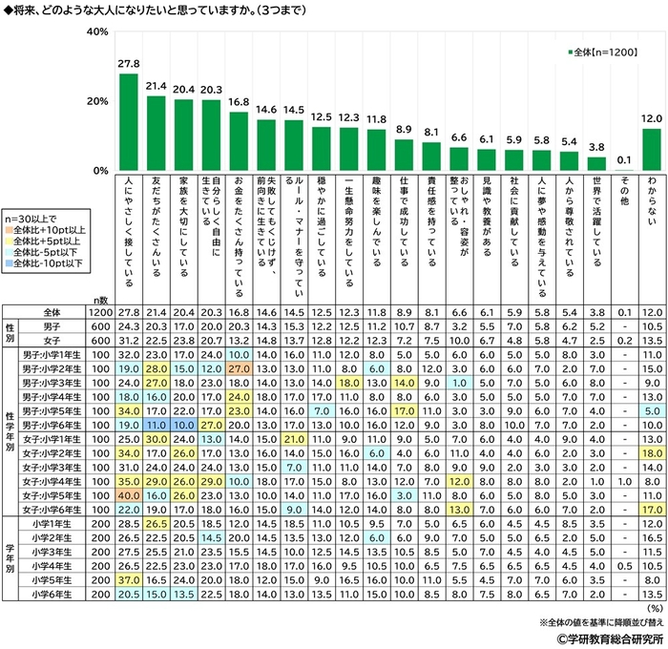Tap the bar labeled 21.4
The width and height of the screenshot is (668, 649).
(x=156, y=133)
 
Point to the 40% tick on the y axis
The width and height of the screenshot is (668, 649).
(x=95, y=31)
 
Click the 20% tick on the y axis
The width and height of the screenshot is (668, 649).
(x=95, y=101)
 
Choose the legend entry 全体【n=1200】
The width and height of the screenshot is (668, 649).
(x=608, y=52)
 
